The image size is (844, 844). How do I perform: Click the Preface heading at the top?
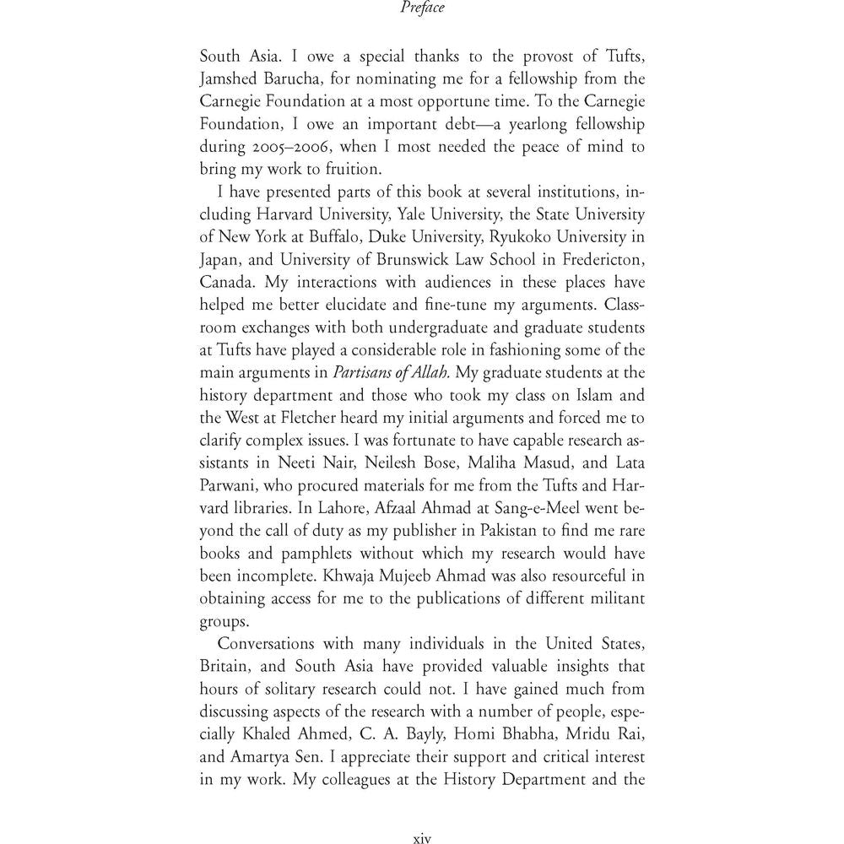(422, 9)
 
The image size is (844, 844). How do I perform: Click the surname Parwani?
(230, 483)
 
